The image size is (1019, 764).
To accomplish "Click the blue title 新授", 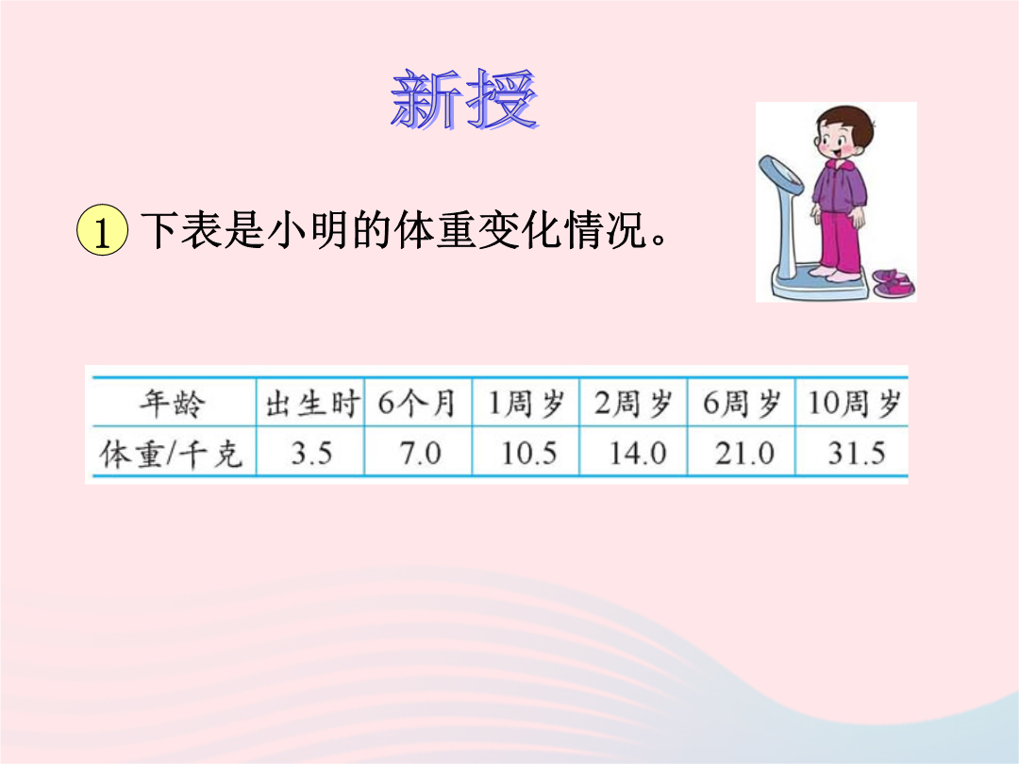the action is click(x=464, y=99).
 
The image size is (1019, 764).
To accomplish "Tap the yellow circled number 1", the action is click(x=102, y=230).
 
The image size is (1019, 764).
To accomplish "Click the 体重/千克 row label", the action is click(x=172, y=453).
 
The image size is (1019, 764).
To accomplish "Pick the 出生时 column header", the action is click(x=312, y=404).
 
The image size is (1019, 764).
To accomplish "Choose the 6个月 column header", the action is click(x=417, y=404).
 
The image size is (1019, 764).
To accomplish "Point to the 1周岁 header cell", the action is click(x=526, y=404).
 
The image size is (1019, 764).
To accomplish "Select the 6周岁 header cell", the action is click(x=742, y=404).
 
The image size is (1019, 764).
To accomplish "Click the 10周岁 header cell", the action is click(x=854, y=404).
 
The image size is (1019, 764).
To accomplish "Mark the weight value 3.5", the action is click(x=311, y=453).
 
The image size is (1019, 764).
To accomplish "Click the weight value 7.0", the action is click(x=420, y=453).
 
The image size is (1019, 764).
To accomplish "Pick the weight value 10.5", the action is click(x=529, y=453).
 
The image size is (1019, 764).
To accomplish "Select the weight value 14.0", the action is click(x=638, y=453).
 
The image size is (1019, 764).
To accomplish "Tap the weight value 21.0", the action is click(x=744, y=453).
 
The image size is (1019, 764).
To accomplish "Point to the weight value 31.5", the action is click(x=857, y=453).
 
